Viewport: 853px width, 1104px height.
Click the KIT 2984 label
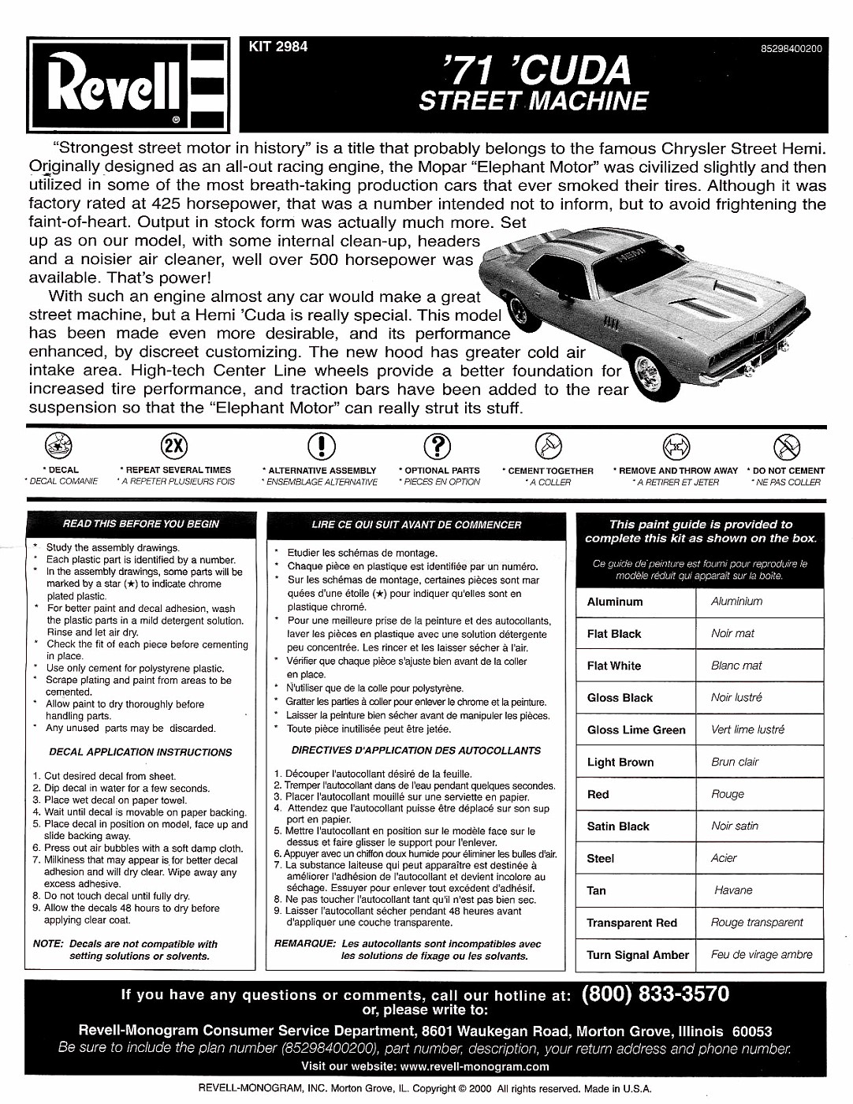[278, 47]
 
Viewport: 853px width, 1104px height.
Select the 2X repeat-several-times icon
[174, 446]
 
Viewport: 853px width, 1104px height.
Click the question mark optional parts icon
[438, 446]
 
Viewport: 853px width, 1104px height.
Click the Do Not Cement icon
[786, 446]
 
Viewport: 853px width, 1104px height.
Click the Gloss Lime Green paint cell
[636, 730]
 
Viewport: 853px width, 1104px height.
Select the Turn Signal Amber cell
[637, 955]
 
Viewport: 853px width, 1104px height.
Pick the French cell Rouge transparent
[757, 923]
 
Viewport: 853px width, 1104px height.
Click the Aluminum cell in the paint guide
[615, 602]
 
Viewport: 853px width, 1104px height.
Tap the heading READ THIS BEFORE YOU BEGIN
[141, 524]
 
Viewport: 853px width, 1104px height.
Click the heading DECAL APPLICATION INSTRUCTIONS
[140, 752]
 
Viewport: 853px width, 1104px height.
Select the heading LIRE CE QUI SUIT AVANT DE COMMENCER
[416, 524]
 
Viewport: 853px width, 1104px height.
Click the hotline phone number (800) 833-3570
[655, 994]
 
